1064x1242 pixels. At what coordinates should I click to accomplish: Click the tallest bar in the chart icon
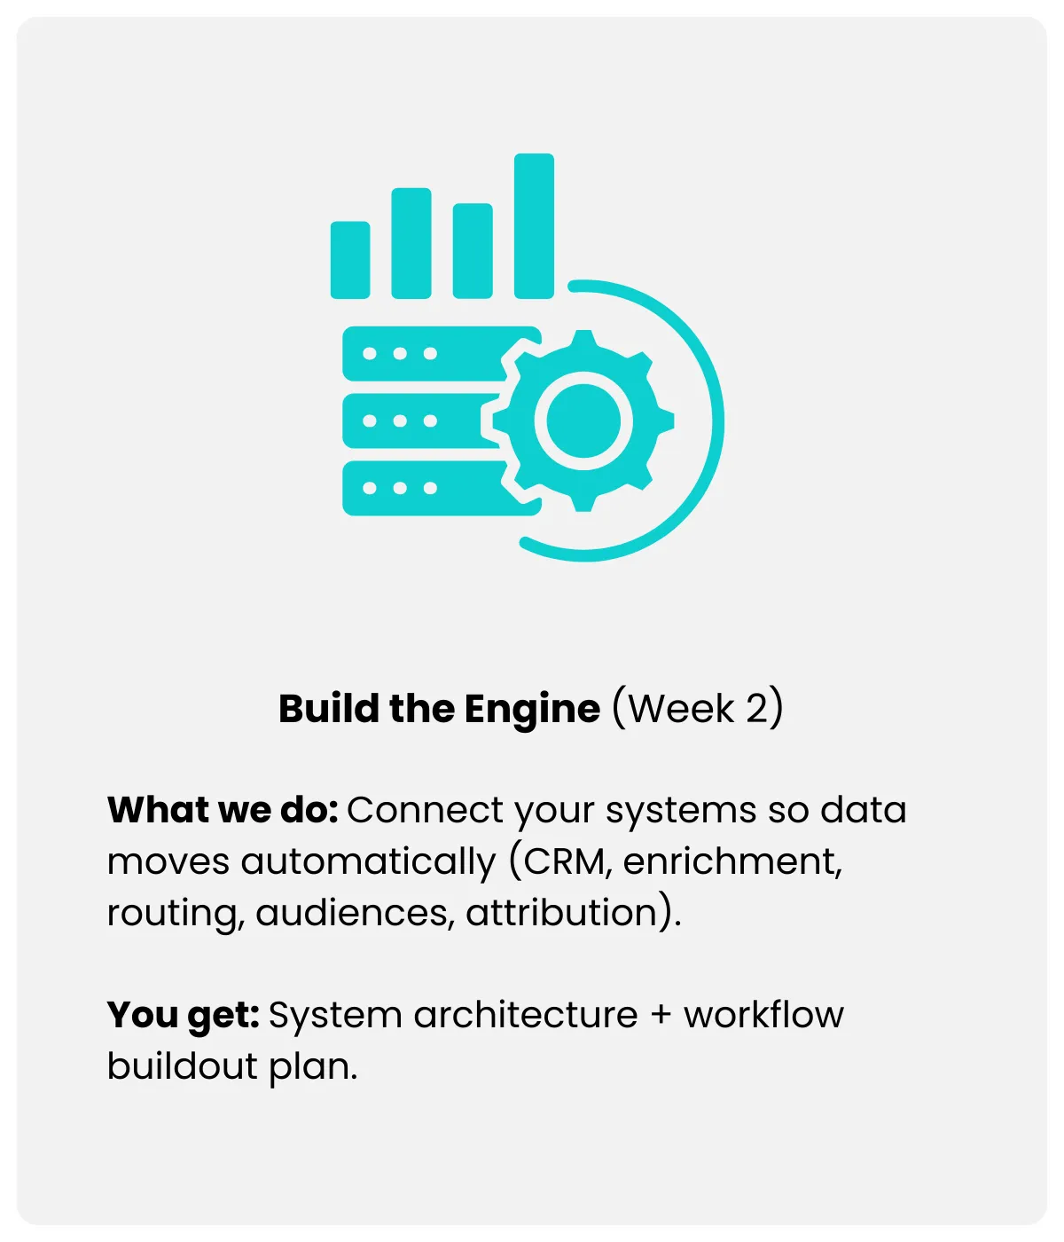click(x=534, y=226)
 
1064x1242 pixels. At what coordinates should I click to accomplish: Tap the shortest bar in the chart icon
click(x=349, y=260)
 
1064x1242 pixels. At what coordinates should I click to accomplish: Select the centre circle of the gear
click(x=583, y=421)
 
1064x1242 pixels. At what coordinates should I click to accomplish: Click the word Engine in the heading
click(x=532, y=709)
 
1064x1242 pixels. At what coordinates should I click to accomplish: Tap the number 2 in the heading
click(x=756, y=709)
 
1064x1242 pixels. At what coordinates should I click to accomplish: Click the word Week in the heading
click(x=682, y=709)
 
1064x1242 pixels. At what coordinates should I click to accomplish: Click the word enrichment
click(x=731, y=861)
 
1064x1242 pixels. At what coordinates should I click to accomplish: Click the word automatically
click(x=368, y=861)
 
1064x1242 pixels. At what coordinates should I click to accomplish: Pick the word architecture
click(x=525, y=1015)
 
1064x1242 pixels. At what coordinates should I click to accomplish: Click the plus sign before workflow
click(x=661, y=1016)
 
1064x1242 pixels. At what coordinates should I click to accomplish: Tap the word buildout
click(x=183, y=1065)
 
